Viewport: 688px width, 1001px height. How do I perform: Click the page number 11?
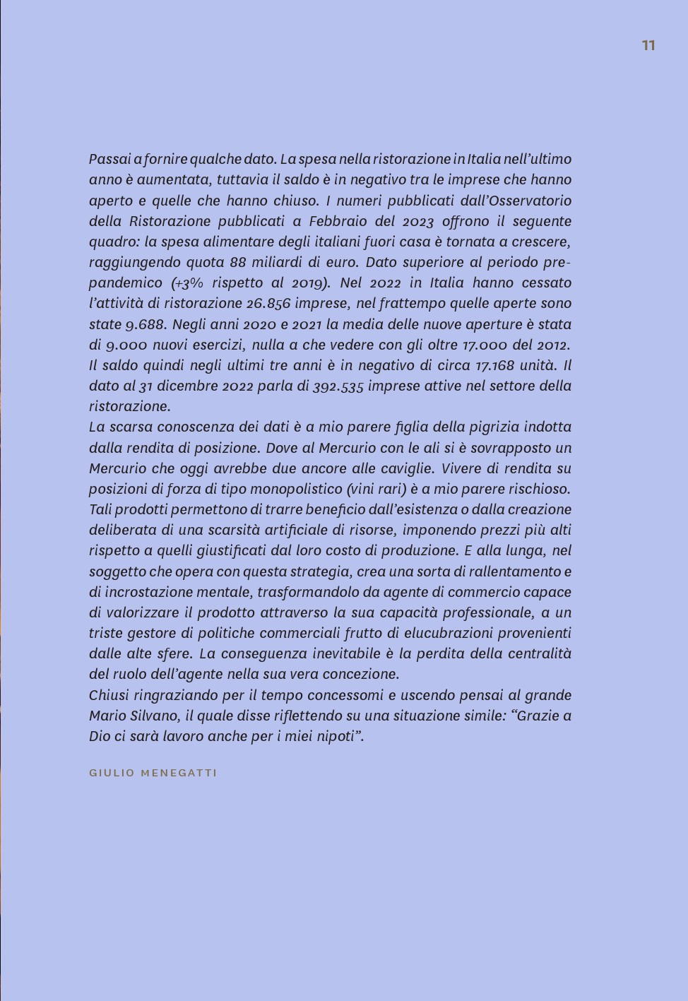pyautogui.click(x=648, y=45)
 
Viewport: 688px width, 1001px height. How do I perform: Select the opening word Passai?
pyautogui.click(x=110, y=159)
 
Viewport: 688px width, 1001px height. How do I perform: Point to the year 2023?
pyautogui.click(x=417, y=222)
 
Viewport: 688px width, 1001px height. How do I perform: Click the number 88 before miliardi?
pyautogui.click(x=238, y=262)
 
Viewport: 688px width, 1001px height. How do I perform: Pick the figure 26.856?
pyautogui.click(x=268, y=304)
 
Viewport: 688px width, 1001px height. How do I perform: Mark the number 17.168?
pyautogui.click(x=494, y=365)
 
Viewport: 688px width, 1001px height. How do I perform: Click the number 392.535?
pyautogui.click(x=338, y=386)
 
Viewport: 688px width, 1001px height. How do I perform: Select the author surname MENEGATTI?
pyautogui.click(x=179, y=773)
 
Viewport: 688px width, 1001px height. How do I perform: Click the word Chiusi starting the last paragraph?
pyautogui.click(x=109, y=695)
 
